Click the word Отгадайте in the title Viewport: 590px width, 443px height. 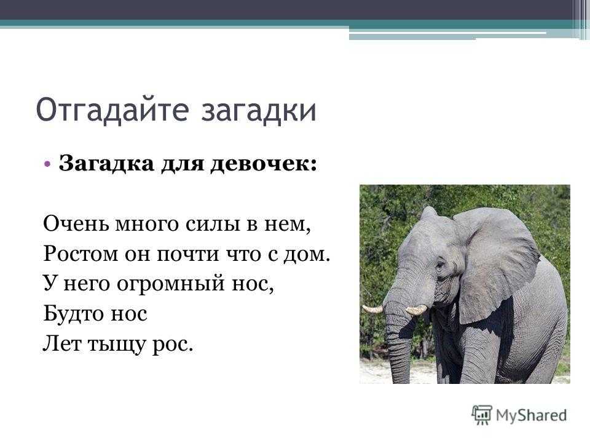point(112,110)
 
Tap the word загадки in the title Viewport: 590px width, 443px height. point(259,111)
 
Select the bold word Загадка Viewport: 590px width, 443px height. point(106,164)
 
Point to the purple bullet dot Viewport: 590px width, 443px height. point(47,164)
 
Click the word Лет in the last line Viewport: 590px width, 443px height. point(61,343)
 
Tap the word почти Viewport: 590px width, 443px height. point(188,254)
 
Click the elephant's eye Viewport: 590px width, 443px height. point(439,265)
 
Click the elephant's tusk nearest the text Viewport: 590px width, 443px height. point(372,309)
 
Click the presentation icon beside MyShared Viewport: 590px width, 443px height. point(482,415)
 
